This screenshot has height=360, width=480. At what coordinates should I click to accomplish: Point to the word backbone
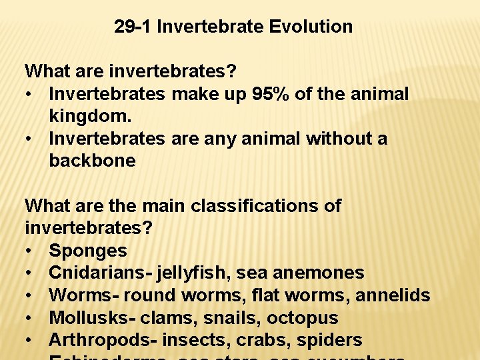92,161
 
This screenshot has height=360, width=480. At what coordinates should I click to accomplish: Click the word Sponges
88,251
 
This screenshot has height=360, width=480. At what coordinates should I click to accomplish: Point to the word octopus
306,317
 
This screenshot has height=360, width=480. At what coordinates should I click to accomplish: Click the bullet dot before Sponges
30,251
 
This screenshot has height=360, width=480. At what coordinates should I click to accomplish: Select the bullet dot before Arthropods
30,341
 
